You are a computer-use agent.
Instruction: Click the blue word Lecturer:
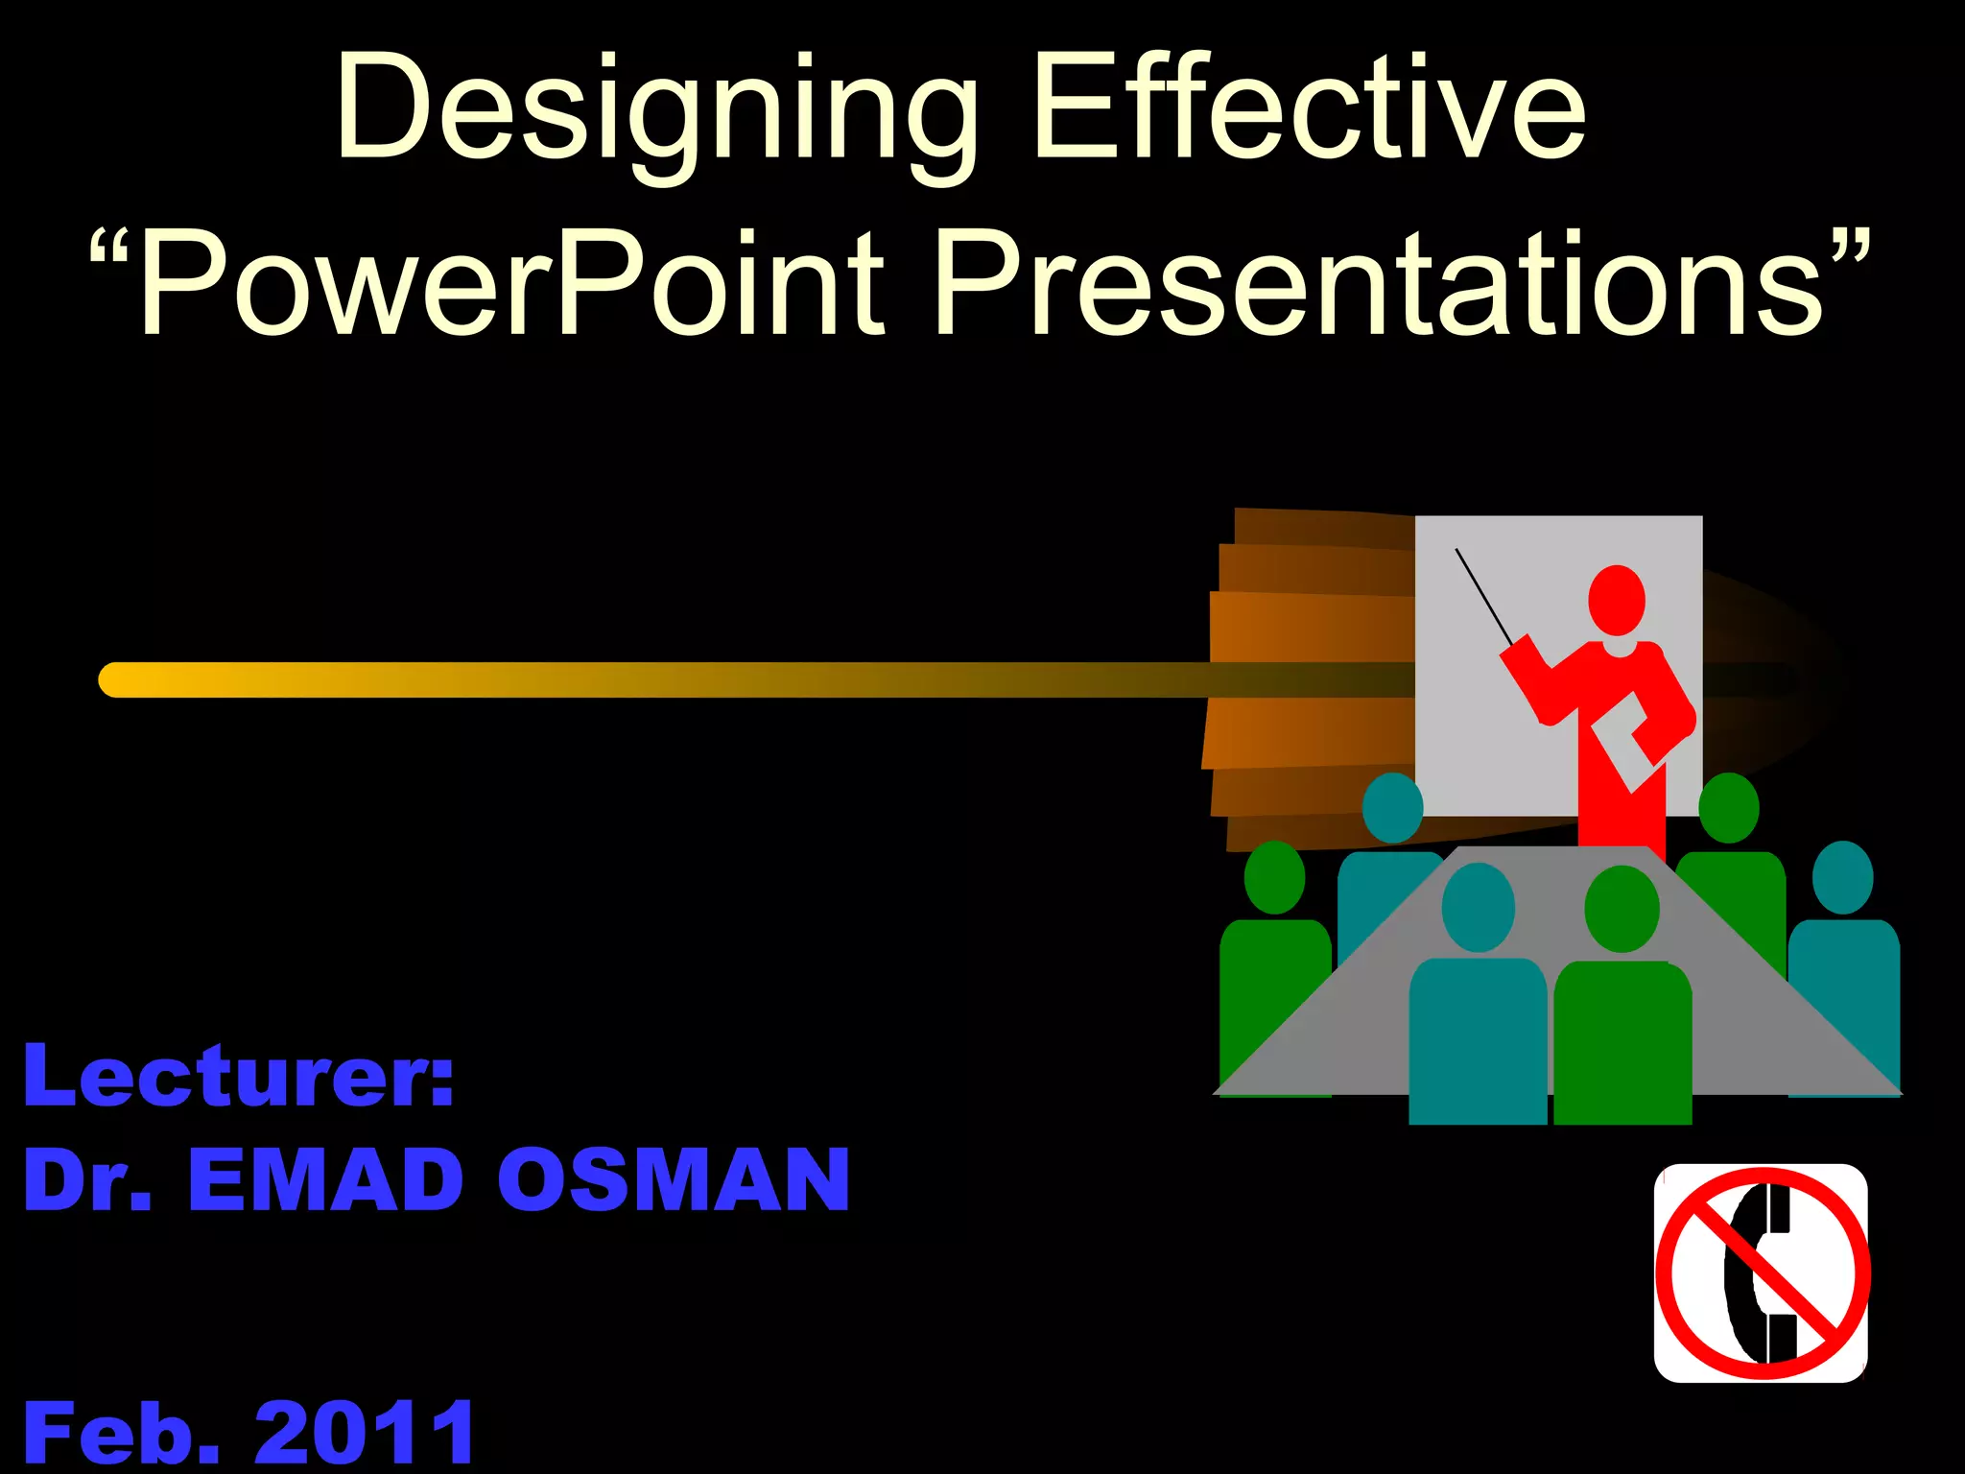tap(238, 1077)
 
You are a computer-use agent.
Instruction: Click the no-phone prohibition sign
tap(1762, 1273)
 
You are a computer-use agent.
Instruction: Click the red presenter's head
tap(1617, 600)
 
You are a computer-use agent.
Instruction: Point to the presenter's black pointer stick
tap(1482, 595)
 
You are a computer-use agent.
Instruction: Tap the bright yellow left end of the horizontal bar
tap(120, 679)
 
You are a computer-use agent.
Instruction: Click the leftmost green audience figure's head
tap(1274, 876)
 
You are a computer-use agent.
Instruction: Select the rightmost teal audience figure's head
tap(1842, 876)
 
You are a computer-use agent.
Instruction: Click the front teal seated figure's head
tap(1478, 907)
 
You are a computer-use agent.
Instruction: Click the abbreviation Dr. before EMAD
tap(86, 1180)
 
